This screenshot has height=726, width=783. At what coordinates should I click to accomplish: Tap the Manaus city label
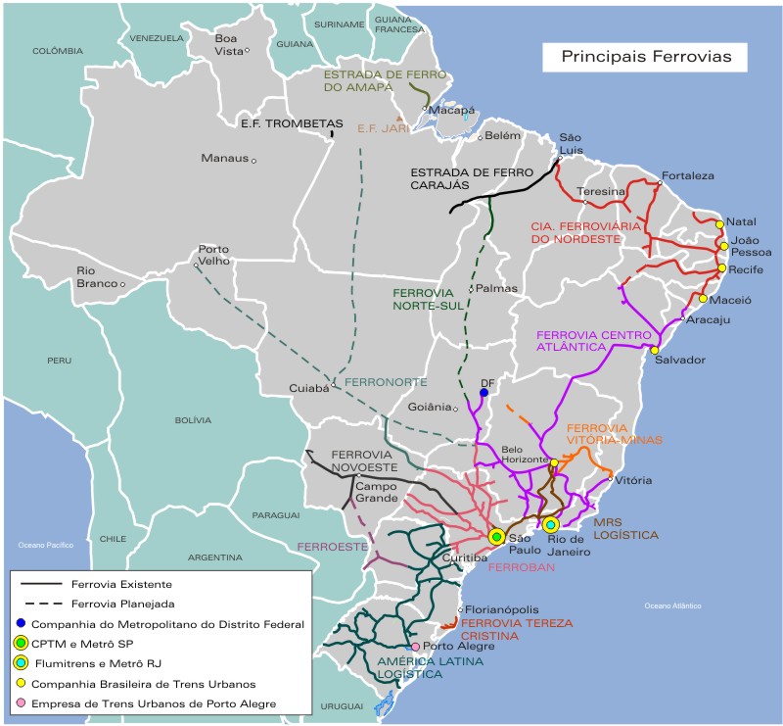[x=223, y=158]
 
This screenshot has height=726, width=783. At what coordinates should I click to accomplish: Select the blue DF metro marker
[x=484, y=393]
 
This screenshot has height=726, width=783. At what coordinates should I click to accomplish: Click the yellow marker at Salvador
[x=655, y=350]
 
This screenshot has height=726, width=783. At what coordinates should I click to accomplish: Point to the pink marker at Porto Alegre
[x=416, y=647]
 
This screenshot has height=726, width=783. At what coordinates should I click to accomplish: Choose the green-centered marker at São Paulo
[x=496, y=536]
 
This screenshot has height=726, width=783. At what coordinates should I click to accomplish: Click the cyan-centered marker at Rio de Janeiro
[x=551, y=525]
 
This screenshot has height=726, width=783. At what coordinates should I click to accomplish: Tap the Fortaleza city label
[x=688, y=176]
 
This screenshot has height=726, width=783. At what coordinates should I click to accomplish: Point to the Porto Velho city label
[x=213, y=256]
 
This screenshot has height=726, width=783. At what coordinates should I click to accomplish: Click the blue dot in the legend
[x=20, y=623]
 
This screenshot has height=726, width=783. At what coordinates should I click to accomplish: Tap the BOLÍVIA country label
[x=193, y=419]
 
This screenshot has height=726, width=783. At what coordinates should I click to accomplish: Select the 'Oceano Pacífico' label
[x=45, y=544]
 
